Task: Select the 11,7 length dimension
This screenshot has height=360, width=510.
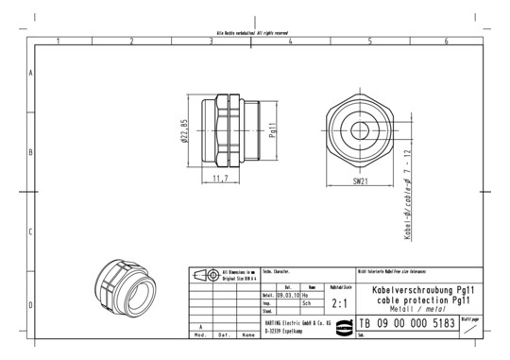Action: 220,177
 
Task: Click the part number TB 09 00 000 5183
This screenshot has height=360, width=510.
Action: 407,324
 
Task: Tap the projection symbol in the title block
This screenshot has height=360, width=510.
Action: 205,275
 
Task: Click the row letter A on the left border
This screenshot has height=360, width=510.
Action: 31,73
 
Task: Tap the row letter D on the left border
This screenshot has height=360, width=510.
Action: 31,305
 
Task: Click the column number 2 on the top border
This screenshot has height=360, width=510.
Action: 131,42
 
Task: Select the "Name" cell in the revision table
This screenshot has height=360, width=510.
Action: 247,335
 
